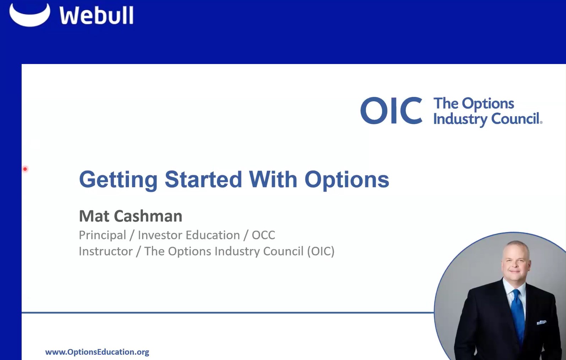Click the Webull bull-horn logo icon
pyautogui.click(x=29, y=16)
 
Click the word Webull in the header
pyautogui.click(x=96, y=16)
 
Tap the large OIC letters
pyautogui.click(x=391, y=111)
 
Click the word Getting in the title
pyautogui.click(x=118, y=180)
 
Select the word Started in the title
pyautogui.click(x=203, y=179)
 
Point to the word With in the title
pyautogui.click(x=273, y=179)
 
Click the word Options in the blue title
pyautogui.click(x=347, y=180)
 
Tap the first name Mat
pyautogui.click(x=94, y=216)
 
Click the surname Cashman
pyautogui.click(x=148, y=216)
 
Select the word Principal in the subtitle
pyautogui.click(x=102, y=235)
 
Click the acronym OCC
pyautogui.click(x=263, y=235)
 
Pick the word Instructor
pyautogui.click(x=105, y=251)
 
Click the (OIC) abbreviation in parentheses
pyautogui.click(x=321, y=252)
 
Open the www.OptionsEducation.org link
pyautogui.click(x=97, y=352)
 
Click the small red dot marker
pyautogui.click(x=25, y=169)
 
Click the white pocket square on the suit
pyautogui.click(x=541, y=322)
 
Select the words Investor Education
pyautogui.click(x=189, y=235)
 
